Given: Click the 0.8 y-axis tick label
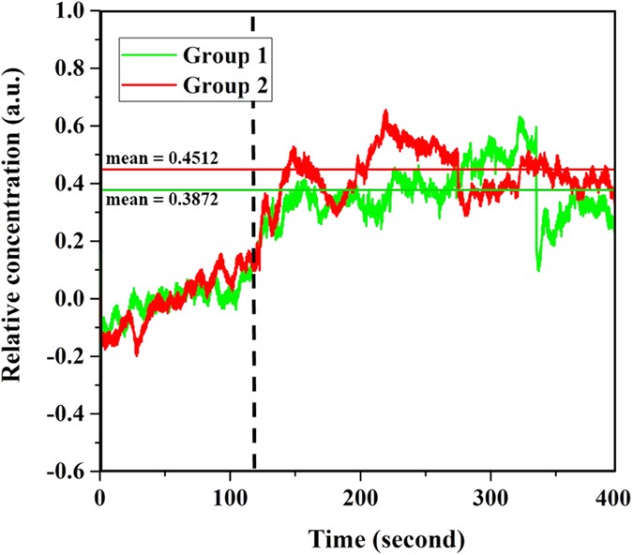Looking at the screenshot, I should (x=74, y=69).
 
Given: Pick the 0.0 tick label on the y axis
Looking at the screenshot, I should (x=74, y=299).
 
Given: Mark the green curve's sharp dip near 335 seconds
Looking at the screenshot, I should (x=538, y=270).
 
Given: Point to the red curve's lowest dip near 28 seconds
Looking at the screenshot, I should (x=137, y=353).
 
